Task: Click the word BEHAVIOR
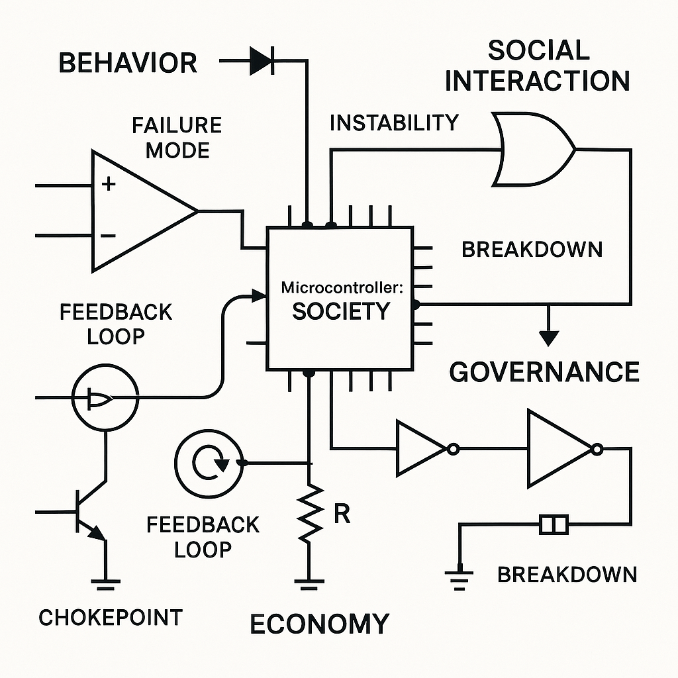(x=128, y=63)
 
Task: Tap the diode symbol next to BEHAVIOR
(x=262, y=62)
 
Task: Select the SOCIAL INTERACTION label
(x=537, y=66)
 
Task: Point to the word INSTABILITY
(x=393, y=122)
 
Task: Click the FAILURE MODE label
(x=177, y=138)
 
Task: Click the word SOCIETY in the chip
(x=340, y=311)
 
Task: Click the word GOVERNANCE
(x=544, y=372)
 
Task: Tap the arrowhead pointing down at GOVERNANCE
(x=548, y=338)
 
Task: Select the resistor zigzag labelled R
(x=309, y=511)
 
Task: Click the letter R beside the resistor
(x=342, y=514)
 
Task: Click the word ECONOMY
(x=319, y=624)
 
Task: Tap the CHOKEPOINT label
(x=110, y=618)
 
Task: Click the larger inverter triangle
(x=560, y=450)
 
